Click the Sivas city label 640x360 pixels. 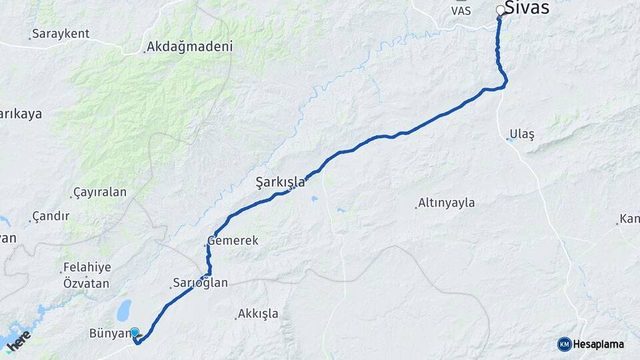click(527, 8)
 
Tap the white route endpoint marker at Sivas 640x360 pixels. click(501, 10)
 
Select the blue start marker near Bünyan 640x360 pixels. click(135, 332)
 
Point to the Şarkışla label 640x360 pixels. click(280, 181)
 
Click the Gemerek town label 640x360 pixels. click(233, 240)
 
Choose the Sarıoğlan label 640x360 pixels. click(200, 283)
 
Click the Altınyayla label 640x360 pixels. click(446, 203)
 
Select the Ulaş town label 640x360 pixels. click(522, 134)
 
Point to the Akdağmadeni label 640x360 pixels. click(189, 47)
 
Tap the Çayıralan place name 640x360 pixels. click(100, 192)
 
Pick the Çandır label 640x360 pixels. click(52, 216)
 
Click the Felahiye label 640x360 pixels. click(87, 267)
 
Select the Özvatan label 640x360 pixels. click(86, 283)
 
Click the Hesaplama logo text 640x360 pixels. click(599, 344)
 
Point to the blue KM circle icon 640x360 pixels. click(564, 344)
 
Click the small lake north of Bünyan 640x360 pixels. click(124, 310)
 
